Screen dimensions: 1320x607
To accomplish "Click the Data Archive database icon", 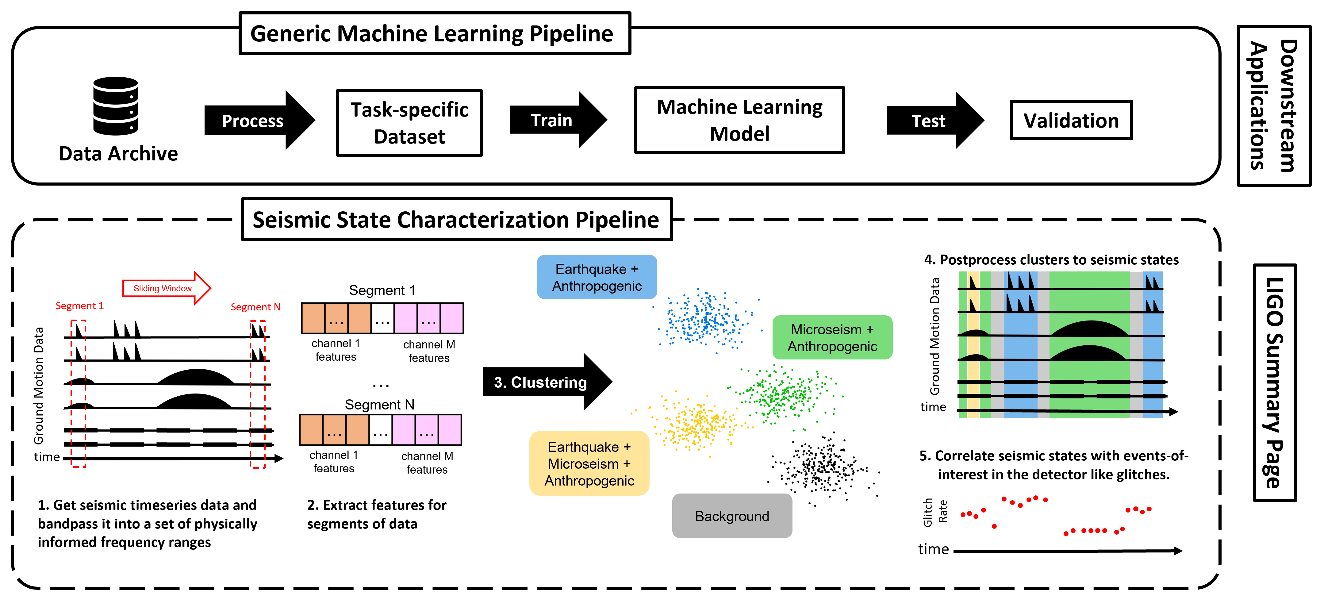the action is pos(115,106).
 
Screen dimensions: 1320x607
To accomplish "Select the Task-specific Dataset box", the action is pos(409,123).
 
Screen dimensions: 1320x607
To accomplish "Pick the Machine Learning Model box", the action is pos(739,120).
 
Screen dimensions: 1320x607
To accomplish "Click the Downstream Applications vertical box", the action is pos(1273,106).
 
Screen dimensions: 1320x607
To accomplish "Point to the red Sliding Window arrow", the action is pos(167,288).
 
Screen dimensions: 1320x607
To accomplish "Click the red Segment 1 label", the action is pos(79,306).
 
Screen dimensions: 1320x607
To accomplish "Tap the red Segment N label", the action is pos(255,307).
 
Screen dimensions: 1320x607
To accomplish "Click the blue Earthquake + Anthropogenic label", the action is pos(597,277).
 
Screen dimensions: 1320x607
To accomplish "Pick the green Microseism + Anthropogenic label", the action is pos(832,338).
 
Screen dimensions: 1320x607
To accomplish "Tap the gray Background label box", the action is pos(732,516).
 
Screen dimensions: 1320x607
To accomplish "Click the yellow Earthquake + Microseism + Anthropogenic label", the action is pos(589,463).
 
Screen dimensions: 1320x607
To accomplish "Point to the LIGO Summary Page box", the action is pos(1274,382).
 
